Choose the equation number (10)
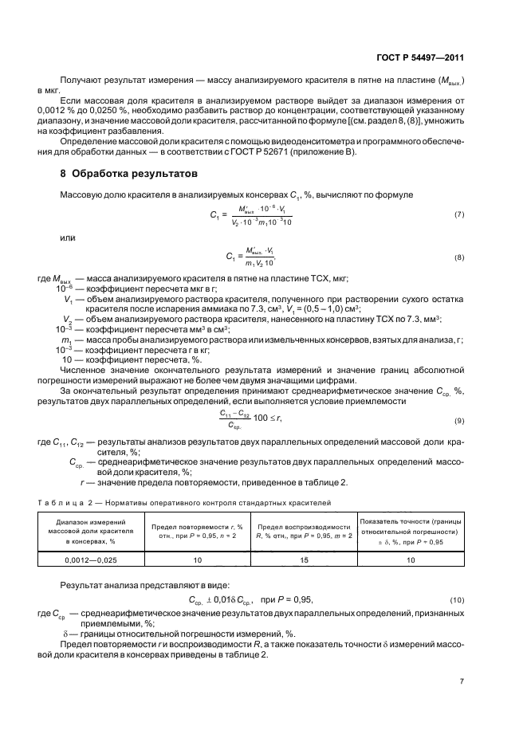(458, 599)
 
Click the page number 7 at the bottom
(462, 681)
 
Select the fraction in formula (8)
(260, 257)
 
